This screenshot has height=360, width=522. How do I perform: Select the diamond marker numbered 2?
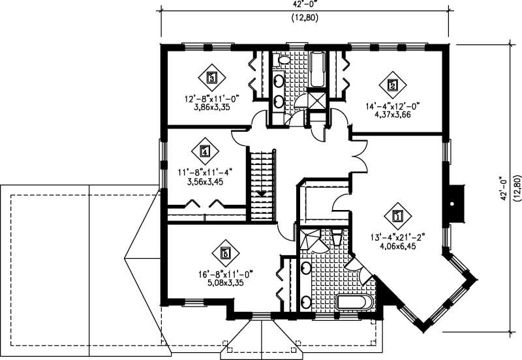(393, 84)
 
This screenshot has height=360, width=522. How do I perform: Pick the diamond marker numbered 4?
(206, 152)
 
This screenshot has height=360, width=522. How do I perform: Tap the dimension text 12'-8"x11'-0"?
(212, 100)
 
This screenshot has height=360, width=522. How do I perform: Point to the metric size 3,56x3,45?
(205, 182)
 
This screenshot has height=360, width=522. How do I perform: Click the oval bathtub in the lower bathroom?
(353, 303)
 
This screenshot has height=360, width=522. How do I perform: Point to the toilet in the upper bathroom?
(284, 60)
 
